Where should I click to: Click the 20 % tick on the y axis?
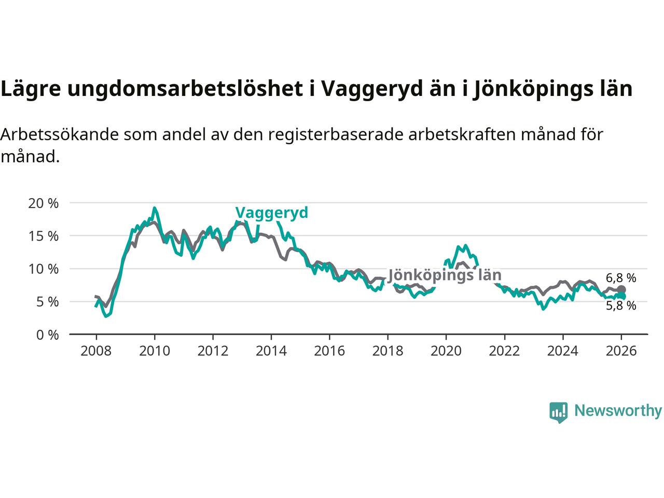pos(43,203)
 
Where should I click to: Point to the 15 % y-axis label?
pos(43,236)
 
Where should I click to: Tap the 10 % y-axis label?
pos(43,269)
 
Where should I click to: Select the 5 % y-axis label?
pos(47,301)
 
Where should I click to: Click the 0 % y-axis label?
pos(47,335)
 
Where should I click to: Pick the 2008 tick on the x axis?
pos(96,351)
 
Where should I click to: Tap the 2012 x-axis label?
pos(213,351)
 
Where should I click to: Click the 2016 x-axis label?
pos(329,351)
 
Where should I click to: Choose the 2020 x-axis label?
pos(446,351)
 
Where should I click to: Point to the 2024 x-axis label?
pos(563,351)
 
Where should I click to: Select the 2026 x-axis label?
pos(621,351)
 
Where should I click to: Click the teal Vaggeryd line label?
pos(271,213)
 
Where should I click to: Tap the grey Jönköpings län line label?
pos(445,275)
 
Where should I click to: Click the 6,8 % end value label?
pos(621,278)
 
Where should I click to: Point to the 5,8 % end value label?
pos(621,306)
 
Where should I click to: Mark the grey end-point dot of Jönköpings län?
pos(621,289)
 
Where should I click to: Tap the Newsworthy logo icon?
pos(558,412)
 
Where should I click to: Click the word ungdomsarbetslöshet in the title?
pos(185,89)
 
